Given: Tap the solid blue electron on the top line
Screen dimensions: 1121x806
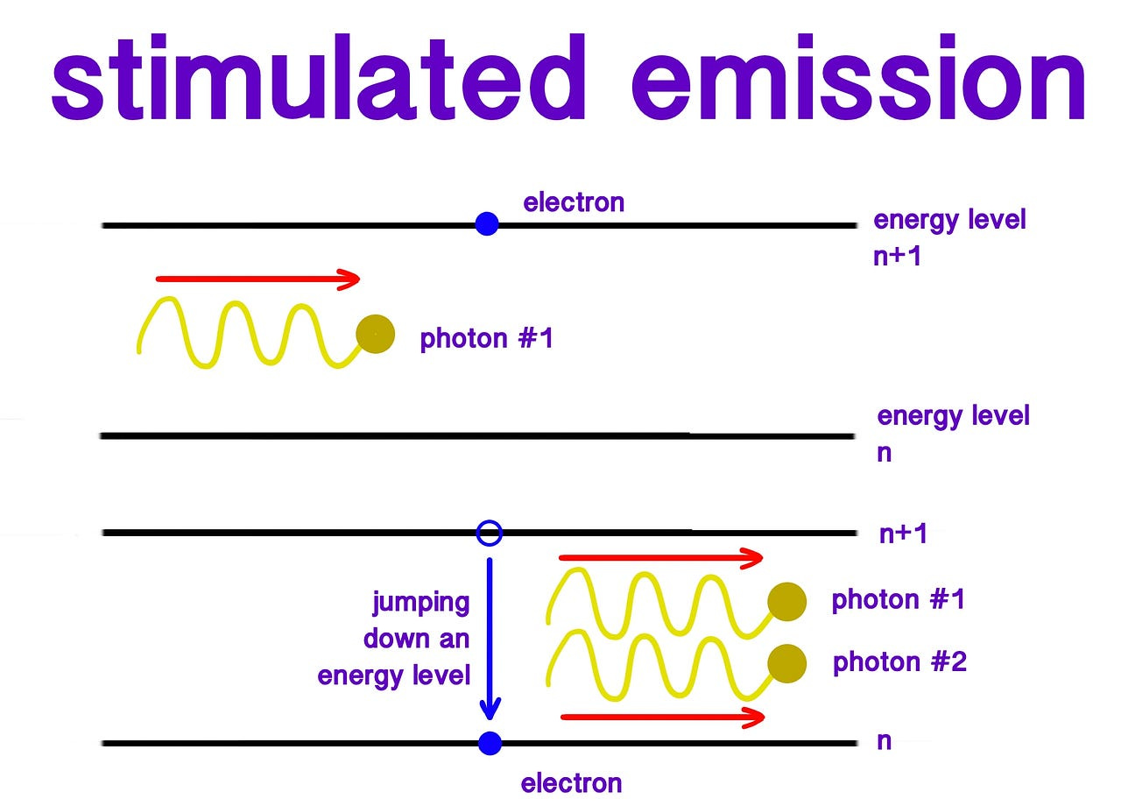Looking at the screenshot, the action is (487, 224).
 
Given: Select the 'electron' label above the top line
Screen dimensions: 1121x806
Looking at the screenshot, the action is (574, 202).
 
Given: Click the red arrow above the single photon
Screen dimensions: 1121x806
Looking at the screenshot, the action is (257, 279).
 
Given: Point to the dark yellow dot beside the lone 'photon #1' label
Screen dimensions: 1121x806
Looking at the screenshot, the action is (376, 334).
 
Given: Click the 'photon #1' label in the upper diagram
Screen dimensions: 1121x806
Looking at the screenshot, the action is (487, 338).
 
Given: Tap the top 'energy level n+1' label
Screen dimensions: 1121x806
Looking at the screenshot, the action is (949, 237).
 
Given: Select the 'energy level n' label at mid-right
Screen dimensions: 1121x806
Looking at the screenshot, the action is (953, 433).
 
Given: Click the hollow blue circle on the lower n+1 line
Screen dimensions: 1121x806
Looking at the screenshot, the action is (490, 532).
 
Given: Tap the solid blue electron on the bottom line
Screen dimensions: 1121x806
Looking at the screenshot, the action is (490, 743).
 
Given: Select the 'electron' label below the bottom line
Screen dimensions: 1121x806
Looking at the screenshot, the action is (571, 782).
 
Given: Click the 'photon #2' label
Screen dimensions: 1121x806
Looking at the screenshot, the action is (899, 662).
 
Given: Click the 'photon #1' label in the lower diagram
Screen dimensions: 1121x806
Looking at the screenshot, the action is (898, 600).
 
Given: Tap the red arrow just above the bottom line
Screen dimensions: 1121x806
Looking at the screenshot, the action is (662, 717).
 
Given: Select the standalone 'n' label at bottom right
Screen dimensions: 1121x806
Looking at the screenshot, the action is (885, 741).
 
